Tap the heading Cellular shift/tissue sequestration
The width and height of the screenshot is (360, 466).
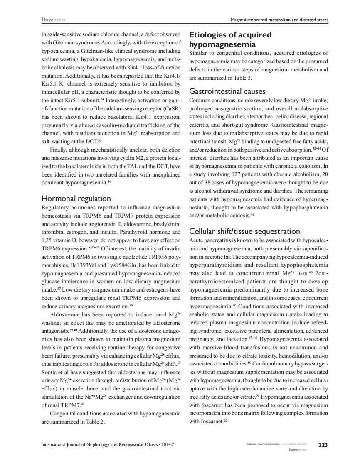point(244,231)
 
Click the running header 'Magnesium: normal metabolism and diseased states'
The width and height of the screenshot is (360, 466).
point(279,20)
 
